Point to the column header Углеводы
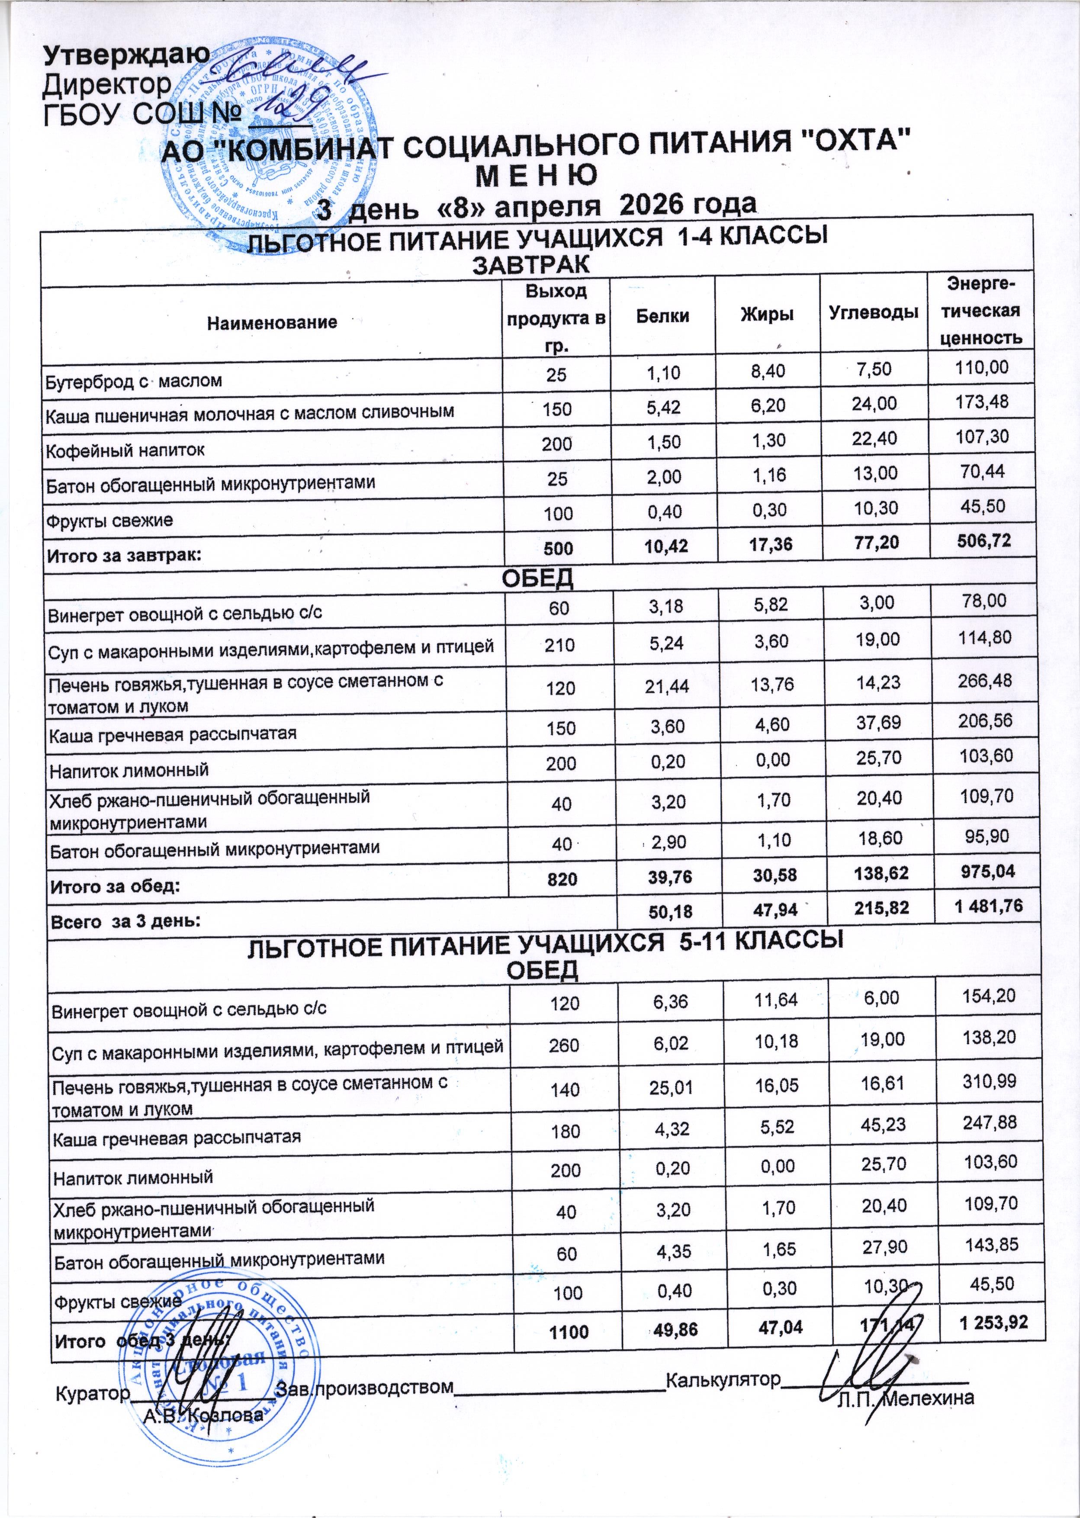tap(874, 312)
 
